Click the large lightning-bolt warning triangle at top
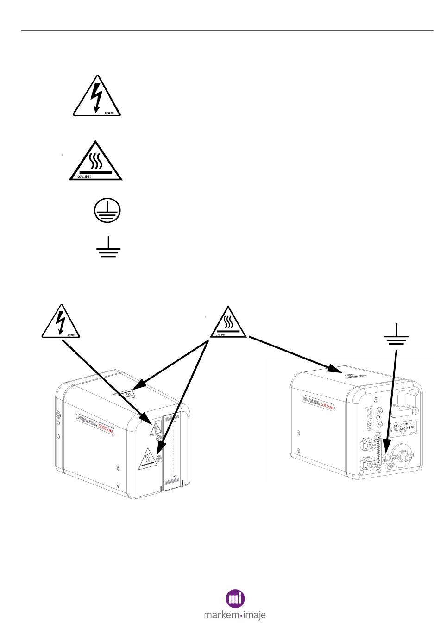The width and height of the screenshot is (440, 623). pyautogui.click(x=96, y=97)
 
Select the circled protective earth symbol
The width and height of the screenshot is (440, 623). pyautogui.click(x=107, y=210)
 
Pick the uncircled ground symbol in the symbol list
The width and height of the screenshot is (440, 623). pyautogui.click(x=108, y=246)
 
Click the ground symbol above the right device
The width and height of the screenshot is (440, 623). pyautogui.click(x=396, y=336)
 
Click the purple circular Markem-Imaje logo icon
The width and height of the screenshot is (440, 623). pyautogui.click(x=235, y=599)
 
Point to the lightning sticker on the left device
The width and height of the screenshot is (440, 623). pyautogui.click(x=155, y=429)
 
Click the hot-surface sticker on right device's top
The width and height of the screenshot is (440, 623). pyautogui.click(x=353, y=374)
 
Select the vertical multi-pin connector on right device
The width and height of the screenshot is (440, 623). pyautogui.click(x=381, y=449)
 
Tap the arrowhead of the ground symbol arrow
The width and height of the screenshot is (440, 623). pyautogui.click(x=387, y=463)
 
